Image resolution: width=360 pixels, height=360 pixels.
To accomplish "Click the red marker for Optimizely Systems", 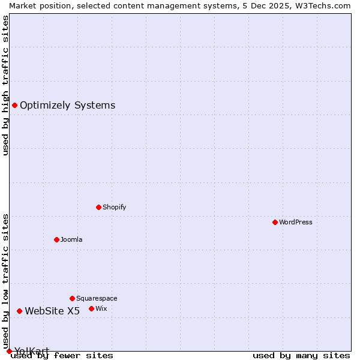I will pos(14,106).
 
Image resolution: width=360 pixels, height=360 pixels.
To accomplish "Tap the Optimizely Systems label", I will pos(67,106).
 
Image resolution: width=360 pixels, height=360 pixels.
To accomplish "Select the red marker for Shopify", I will pos(98,207).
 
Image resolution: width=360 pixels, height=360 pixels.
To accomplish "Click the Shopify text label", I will pos(114,207).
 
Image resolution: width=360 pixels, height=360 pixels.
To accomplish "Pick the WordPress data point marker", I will pos(275,222).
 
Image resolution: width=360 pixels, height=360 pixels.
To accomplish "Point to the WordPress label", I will pos(296,222).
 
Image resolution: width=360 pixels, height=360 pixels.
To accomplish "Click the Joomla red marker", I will pos(56,239).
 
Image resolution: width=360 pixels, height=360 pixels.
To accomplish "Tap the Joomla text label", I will pos(71,239).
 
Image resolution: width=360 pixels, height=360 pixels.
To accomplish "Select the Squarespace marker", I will pos(72,298).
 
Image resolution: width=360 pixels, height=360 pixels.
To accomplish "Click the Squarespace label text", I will pos(97,298).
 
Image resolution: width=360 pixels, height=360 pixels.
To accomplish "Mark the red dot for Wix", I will pos(91,308).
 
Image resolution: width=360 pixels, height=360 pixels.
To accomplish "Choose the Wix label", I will pos(101,308).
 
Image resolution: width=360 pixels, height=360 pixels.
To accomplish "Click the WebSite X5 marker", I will pos(19,311).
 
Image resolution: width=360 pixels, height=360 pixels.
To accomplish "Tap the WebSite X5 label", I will pos(52,311).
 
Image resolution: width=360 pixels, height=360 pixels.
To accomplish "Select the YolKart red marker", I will pos(9,351).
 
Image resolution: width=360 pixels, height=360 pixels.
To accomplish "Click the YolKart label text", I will pos(32,351).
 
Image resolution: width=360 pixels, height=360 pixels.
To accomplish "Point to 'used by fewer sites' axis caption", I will pos(62,356).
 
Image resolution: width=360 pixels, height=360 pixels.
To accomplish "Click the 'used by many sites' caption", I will pos(301,356).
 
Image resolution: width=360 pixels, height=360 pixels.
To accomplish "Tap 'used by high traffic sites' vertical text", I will pos(5,85).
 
